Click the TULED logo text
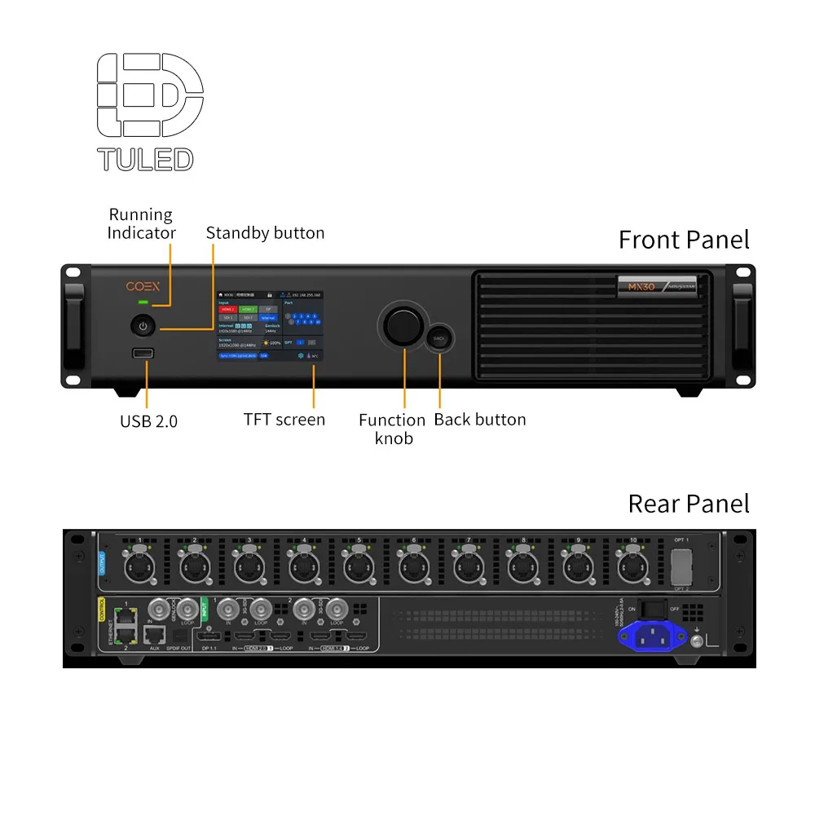click(x=145, y=159)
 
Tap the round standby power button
click(x=143, y=326)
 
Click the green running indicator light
click(x=143, y=304)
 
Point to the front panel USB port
click(x=143, y=353)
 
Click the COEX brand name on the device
click(x=143, y=287)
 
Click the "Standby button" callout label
click(x=265, y=233)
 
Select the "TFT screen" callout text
click(x=284, y=420)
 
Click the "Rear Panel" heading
click(x=688, y=503)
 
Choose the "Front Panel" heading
click(x=684, y=240)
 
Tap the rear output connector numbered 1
click(x=139, y=566)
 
